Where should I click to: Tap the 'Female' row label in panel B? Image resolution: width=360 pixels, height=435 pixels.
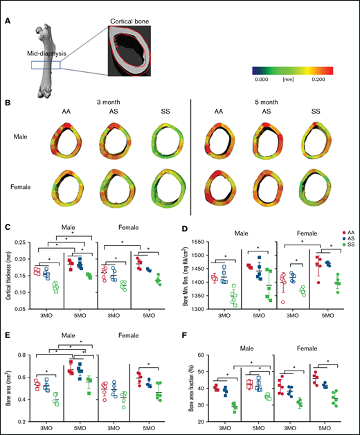pos(25,186)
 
